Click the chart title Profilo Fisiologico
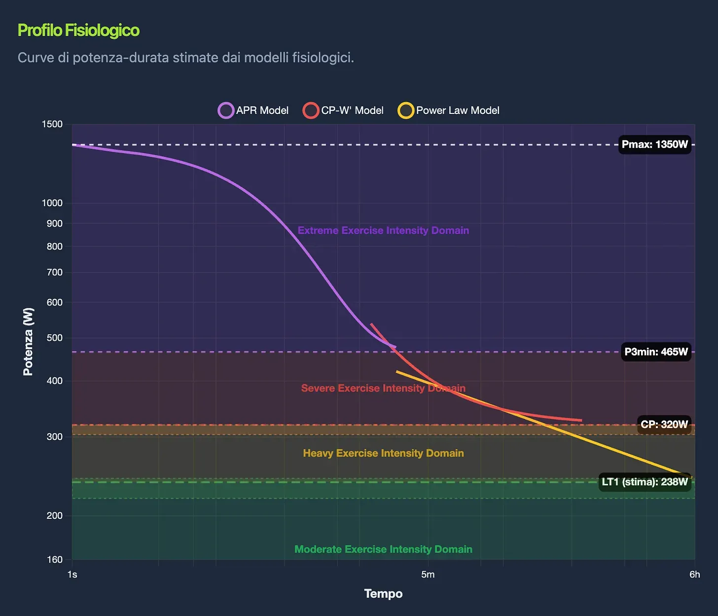(x=78, y=30)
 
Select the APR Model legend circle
(x=226, y=110)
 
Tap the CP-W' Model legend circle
(x=311, y=110)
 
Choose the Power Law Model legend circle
(x=406, y=110)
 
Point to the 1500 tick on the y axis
(x=52, y=124)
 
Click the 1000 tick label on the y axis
(x=52, y=203)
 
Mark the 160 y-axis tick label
(x=55, y=559)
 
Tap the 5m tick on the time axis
(x=428, y=574)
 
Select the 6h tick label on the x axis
(x=694, y=574)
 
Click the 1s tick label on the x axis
(x=72, y=574)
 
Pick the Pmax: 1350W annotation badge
(x=654, y=145)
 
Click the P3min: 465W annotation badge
(x=656, y=352)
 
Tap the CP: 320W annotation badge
(x=664, y=424)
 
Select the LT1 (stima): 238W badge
(x=645, y=482)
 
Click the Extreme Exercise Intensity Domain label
(x=383, y=230)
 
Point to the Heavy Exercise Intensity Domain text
(x=383, y=453)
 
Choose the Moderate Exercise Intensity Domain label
(x=383, y=549)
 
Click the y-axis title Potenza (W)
(x=28, y=341)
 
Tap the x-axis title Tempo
(x=383, y=594)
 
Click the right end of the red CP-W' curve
(x=581, y=421)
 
